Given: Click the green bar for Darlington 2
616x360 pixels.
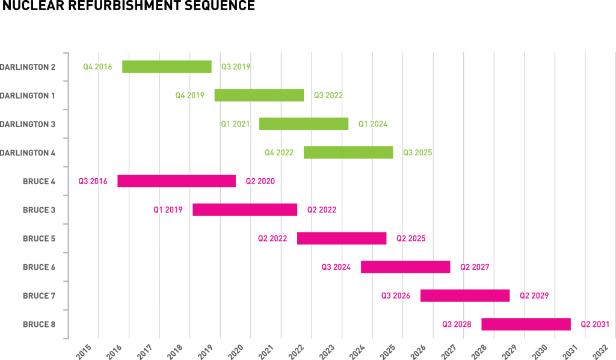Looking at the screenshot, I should click(167, 67).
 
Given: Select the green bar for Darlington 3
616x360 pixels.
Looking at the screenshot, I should click(303, 124).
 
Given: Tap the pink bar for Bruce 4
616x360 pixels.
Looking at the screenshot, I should click(176, 181).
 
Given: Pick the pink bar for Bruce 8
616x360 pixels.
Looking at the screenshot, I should click(526, 324).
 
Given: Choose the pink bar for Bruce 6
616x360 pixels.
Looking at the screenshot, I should click(405, 267).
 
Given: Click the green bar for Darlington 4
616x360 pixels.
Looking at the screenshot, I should click(348, 152).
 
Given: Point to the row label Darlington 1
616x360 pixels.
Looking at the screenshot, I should click(28, 95).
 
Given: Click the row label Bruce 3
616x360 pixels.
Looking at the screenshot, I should click(39, 210).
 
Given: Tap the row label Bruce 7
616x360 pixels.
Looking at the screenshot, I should click(39, 296).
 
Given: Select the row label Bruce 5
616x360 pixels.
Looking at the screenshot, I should click(39, 238).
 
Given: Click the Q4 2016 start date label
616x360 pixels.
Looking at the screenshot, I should click(97, 67).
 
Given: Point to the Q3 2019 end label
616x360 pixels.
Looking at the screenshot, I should click(236, 67).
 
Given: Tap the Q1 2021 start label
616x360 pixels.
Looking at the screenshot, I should click(235, 124).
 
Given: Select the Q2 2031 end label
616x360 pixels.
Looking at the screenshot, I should click(594, 324).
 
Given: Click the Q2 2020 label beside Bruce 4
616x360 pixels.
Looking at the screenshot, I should click(260, 181).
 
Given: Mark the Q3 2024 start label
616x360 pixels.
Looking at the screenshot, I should click(336, 267).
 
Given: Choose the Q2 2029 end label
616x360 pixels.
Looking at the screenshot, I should click(534, 296).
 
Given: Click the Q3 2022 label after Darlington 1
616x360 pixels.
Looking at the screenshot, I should click(328, 95).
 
